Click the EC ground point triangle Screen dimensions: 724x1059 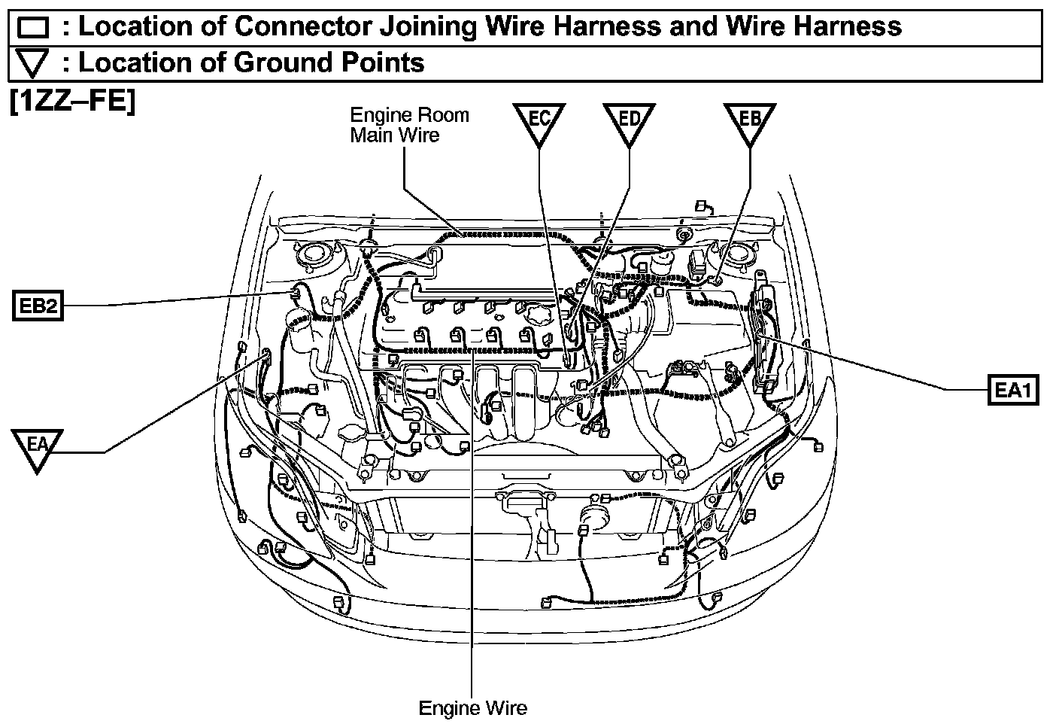(x=539, y=123)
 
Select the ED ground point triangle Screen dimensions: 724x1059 (x=629, y=123)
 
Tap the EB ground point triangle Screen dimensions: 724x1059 (x=750, y=123)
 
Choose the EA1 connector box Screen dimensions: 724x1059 (x=1012, y=390)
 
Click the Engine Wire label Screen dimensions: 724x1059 (x=472, y=708)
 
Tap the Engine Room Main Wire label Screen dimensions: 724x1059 (x=408, y=125)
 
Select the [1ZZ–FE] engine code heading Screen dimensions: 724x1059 (x=72, y=101)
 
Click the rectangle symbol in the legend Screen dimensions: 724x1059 (x=32, y=29)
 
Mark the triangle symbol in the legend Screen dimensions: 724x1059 (x=32, y=64)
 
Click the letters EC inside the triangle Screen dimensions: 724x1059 (x=539, y=118)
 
